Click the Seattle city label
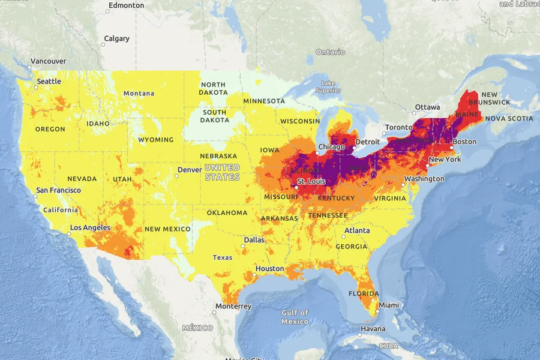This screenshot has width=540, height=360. pyautogui.click(x=49, y=82)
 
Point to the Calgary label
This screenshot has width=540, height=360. pyautogui.click(x=116, y=38)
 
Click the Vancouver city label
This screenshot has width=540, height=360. pyautogui.click(x=48, y=61)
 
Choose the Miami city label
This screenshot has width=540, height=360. pyautogui.click(x=389, y=305)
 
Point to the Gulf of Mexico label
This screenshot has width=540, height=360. pyautogui.click(x=295, y=317)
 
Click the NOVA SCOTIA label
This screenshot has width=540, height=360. pyautogui.click(x=508, y=119)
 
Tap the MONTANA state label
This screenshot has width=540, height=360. pyautogui.click(x=139, y=94)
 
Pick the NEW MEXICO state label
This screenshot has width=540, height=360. pyautogui.click(x=167, y=229)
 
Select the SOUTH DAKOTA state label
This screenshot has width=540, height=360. pyautogui.click(x=214, y=116)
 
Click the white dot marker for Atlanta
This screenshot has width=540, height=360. pyautogui.click(x=345, y=236)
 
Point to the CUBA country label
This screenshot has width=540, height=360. pyautogui.click(x=389, y=346)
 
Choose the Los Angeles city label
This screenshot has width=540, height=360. pyautogui.click(x=90, y=228)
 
